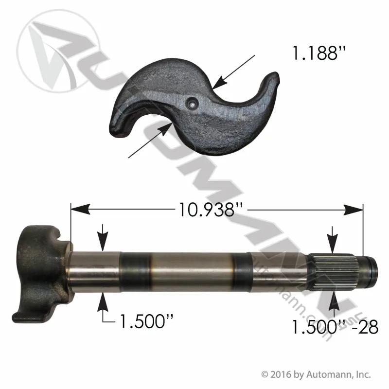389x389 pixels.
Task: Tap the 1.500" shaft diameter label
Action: (146, 321)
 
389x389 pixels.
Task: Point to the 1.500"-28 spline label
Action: (335, 327)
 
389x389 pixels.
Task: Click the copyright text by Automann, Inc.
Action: (316, 374)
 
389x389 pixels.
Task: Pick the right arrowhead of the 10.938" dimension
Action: (354, 210)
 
